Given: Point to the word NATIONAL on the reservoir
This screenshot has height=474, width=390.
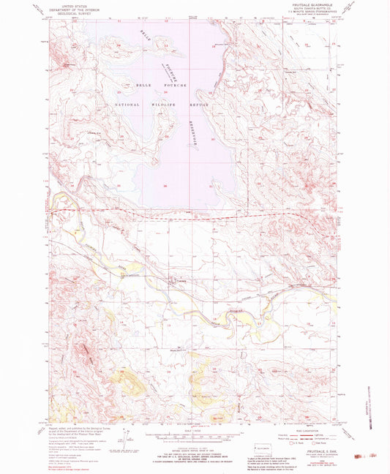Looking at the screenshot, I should tap(129, 105).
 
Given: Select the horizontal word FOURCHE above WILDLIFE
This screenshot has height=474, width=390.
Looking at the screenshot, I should tap(176, 86).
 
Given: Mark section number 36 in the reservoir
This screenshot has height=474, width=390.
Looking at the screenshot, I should tap(168, 186).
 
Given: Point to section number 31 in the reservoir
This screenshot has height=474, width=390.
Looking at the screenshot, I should tap(211, 187).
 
